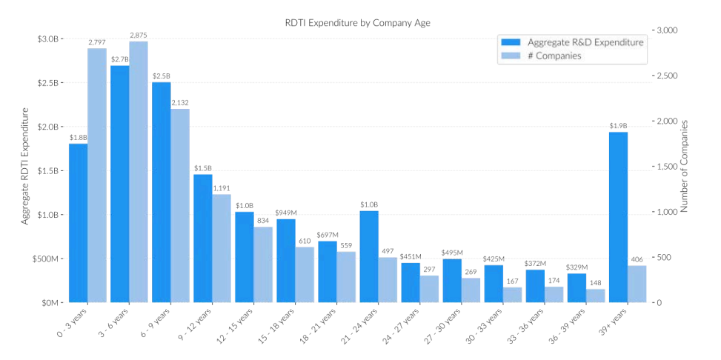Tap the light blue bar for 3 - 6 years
[x=139, y=172]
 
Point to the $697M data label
[x=327, y=235]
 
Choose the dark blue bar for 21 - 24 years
[x=369, y=256]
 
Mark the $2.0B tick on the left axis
[x=47, y=127]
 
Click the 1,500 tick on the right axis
[x=668, y=167]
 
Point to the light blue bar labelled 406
[x=637, y=284]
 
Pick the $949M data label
[x=285, y=213]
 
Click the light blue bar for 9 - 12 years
[x=222, y=248]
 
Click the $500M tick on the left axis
[x=46, y=259]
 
